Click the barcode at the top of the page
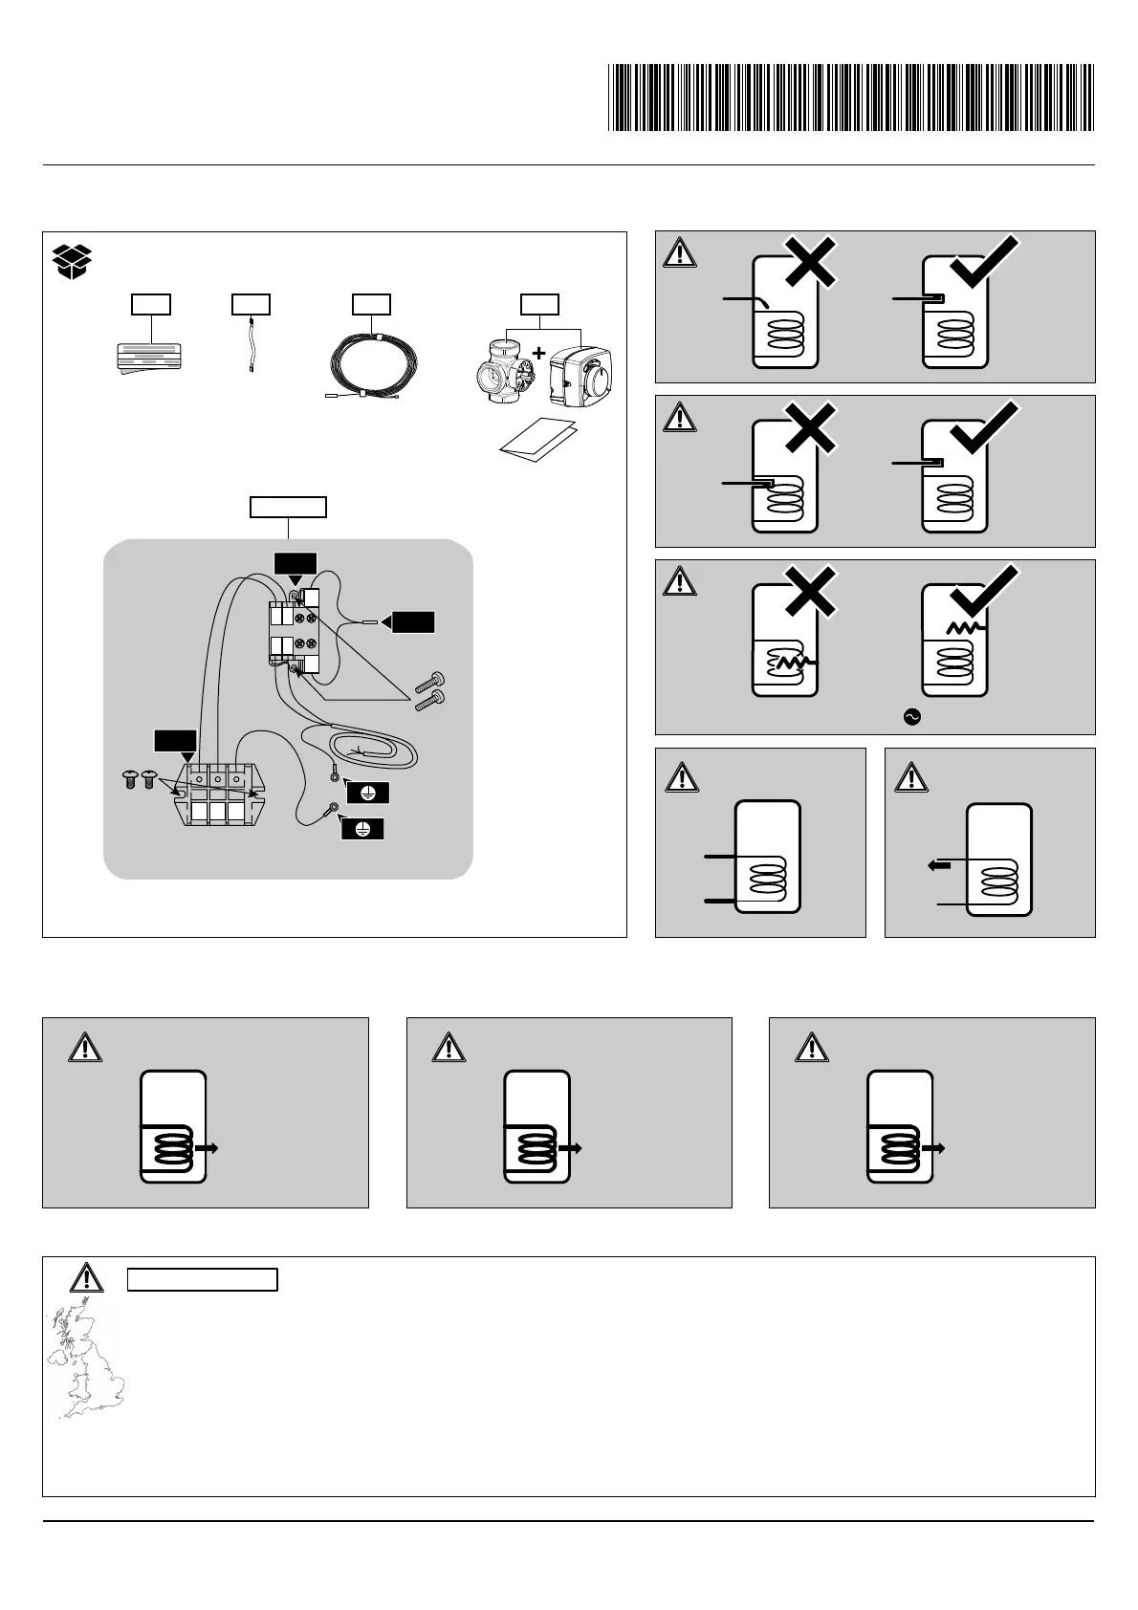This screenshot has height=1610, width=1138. point(851,98)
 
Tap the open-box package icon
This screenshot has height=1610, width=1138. point(73,261)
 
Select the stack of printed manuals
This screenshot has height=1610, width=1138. point(146,355)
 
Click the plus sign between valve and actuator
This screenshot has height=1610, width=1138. point(538,354)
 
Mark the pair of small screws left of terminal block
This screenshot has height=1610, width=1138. point(139,780)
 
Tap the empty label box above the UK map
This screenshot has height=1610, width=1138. point(203,1279)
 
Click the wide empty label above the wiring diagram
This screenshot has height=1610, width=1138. point(288,507)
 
